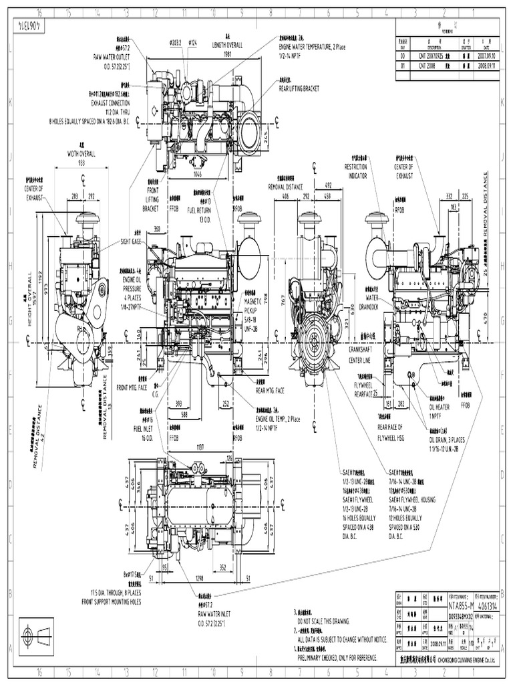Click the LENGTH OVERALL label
pyautogui.click(x=228, y=45)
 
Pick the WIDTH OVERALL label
pyautogui.click(x=81, y=153)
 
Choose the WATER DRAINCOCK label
pyautogui.click(x=368, y=301)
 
